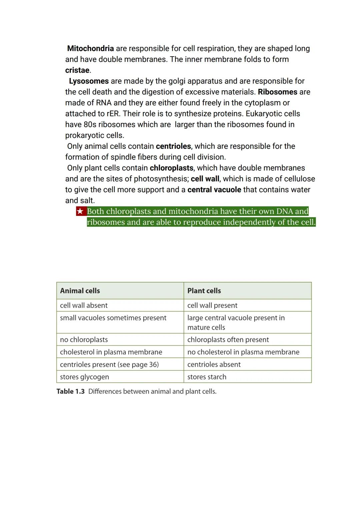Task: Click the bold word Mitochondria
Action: click(90, 49)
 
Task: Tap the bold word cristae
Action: click(77, 70)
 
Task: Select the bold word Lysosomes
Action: click(89, 81)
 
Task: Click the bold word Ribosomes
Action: click(277, 92)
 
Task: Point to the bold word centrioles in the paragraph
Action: click(173, 146)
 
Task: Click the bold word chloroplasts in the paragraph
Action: click(171, 168)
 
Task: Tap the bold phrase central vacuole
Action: click(214, 190)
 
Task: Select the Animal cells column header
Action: click(80, 291)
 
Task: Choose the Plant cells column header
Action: click(204, 291)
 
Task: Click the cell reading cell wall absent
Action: click(84, 305)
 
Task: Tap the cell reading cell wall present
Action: click(212, 305)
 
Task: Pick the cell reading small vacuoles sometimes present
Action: click(113, 318)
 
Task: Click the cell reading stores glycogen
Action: click(84, 377)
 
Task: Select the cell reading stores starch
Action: click(207, 377)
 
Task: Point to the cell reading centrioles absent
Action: click(214, 365)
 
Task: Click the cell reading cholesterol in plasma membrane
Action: click(111, 352)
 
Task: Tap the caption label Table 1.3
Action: click(70, 391)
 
